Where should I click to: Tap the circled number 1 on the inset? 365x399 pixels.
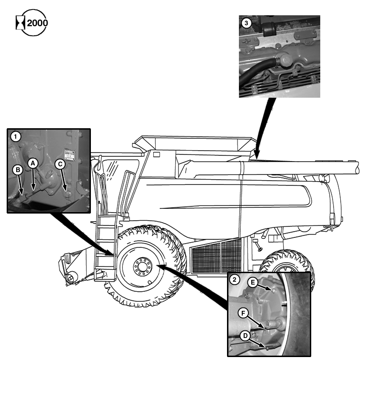tap(16, 137)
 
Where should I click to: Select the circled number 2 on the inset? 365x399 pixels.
tap(234, 280)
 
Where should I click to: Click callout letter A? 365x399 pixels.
tap(32, 163)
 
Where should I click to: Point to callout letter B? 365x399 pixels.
tap(17, 169)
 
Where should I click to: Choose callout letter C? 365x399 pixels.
tap(60, 164)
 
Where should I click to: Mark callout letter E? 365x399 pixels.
tap(254, 282)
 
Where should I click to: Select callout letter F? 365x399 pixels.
tap(244, 313)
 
